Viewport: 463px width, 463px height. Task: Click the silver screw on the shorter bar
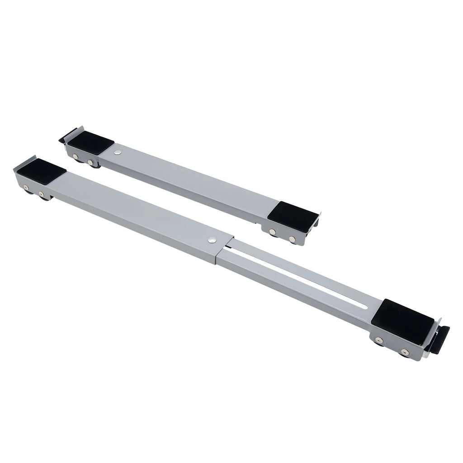coord(118,152)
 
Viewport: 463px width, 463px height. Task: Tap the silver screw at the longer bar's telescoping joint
coord(212,240)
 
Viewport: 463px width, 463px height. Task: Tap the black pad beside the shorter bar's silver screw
coord(91,143)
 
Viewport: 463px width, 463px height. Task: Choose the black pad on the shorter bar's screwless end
coord(293,217)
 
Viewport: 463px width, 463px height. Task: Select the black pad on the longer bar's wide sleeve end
coord(42,171)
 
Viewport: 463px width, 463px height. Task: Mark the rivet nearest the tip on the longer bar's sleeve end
coord(26,188)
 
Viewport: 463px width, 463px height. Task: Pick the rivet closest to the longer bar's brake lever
coord(404,351)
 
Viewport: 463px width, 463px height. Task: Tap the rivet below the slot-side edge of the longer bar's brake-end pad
coord(379,340)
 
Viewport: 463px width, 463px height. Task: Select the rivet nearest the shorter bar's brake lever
coord(76,157)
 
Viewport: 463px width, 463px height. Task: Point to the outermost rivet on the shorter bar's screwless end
coord(292,238)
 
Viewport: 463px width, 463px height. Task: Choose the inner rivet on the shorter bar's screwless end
coord(273,232)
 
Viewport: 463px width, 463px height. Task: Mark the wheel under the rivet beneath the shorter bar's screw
coord(94,166)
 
